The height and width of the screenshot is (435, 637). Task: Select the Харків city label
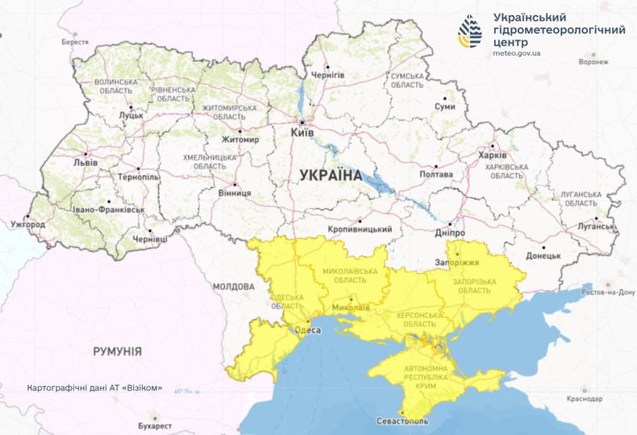[x=492, y=155]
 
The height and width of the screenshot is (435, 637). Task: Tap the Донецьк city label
[x=543, y=256]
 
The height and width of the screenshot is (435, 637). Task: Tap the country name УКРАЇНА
[x=331, y=174]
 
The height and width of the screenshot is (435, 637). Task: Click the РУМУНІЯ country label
[x=117, y=352]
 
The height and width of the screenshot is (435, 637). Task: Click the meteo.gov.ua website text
[x=517, y=53]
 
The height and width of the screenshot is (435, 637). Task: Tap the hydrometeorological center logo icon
[x=471, y=31]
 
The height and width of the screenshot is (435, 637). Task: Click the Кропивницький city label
[x=360, y=230]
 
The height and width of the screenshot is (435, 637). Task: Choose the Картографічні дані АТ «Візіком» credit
[x=94, y=387]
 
